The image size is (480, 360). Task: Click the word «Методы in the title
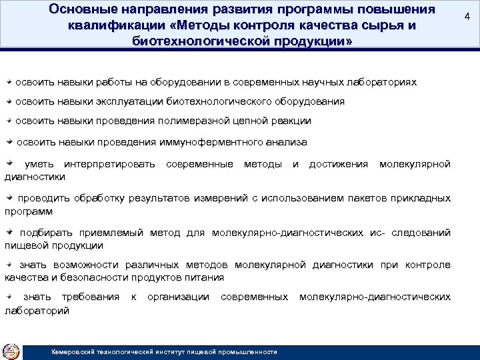pyautogui.click(x=189, y=26)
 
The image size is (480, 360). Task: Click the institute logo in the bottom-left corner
pyautogui.click(x=11, y=351)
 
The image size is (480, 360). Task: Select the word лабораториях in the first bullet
pyautogui.click(x=381, y=83)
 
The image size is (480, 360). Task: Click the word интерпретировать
pyautogui.click(x=109, y=164)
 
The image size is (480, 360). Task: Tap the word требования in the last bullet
pyautogui.click(x=91, y=297)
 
